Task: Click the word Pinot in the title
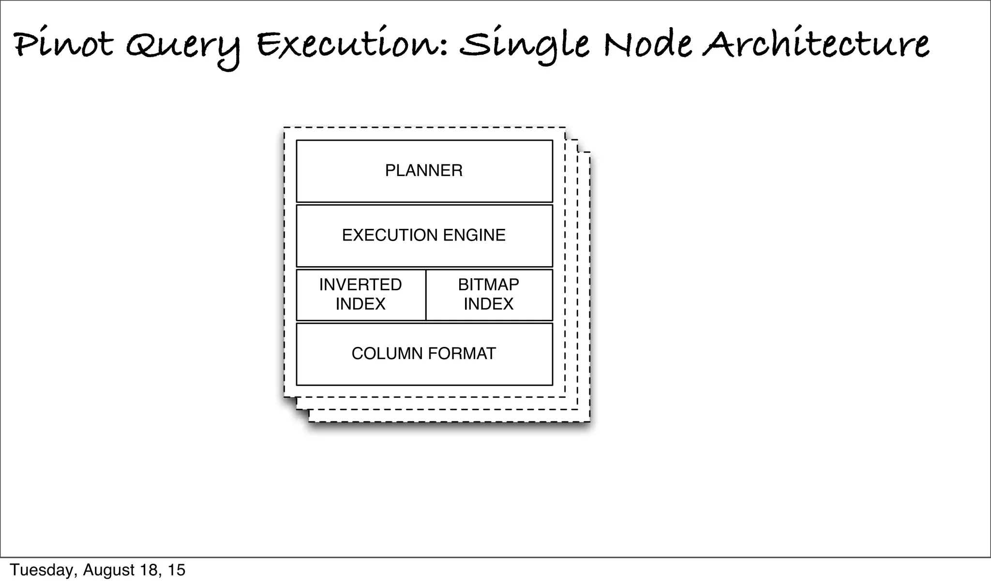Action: pyautogui.click(x=63, y=45)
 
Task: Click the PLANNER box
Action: pyautogui.click(x=424, y=171)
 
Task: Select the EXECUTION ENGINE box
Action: pyautogui.click(x=424, y=236)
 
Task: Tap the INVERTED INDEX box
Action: pyautogui.click(x=360, y=295)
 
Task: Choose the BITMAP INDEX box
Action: pyautogui.click(x=489, y=295)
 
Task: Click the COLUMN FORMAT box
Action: pyautogui.click(x=424, y=354)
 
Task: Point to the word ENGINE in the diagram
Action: pyautogui.click(x=474, y=236)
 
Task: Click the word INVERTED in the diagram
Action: pyautogui.click(x=360, y=285)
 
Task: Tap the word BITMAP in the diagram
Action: pyautogui.click(x=489, y=285)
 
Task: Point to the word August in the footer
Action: pyautogui.click(x=109, y=570)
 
